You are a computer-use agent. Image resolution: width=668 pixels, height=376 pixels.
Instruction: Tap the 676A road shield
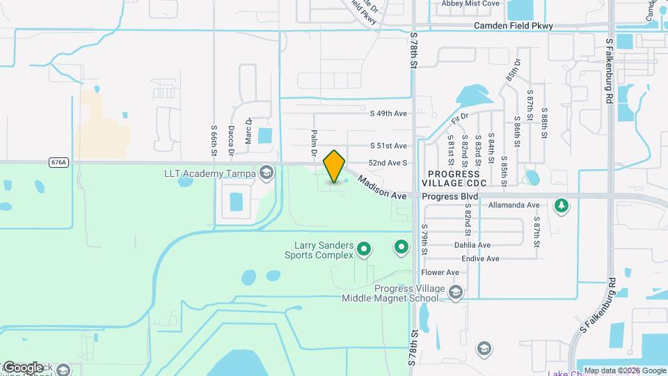[59, 162]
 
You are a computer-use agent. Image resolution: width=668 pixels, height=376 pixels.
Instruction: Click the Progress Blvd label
[450, 197]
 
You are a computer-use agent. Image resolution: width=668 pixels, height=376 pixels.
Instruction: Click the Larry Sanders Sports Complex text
[324, 250]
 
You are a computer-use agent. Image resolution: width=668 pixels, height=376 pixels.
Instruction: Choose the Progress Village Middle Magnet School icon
[455, 290]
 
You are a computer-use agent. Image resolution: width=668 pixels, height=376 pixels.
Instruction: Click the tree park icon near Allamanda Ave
[562, 205]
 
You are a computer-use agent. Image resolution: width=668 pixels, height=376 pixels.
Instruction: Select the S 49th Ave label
[388, 113]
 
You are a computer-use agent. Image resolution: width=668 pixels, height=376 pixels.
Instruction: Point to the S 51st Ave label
[388, 146]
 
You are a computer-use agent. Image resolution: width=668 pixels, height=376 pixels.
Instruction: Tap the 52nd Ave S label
[388, 162]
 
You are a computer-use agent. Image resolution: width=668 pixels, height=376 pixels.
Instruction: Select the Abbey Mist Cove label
[470, 3]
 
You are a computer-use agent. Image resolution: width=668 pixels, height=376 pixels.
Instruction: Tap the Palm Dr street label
[315, 143]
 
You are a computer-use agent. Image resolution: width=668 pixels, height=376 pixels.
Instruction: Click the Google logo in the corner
[22, 368]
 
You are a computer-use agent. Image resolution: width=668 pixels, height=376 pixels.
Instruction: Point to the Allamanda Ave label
[514, 206]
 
